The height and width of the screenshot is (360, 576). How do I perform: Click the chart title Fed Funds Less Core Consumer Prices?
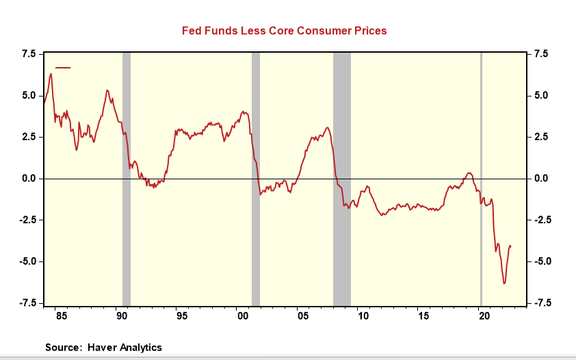coord(284,31)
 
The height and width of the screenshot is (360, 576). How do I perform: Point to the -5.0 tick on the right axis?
coord(541,261)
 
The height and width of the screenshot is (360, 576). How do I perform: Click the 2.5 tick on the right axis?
coord(541,137)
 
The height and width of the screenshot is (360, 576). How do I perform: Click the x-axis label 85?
coord(61,316)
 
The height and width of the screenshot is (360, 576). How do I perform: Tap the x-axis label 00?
coord(241,316)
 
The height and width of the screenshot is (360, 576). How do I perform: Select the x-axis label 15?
coord(423,316)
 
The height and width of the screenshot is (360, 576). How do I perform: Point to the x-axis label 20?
coord(483,316)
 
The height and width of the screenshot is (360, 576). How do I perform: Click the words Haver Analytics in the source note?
coord(125,348)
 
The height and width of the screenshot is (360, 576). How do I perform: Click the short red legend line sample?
coord(63,67)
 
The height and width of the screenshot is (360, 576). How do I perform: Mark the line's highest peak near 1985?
coord(51,73)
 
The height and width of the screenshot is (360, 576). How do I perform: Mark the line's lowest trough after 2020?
coord(504,283)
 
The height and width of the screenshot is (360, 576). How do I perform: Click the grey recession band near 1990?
coord(127,178)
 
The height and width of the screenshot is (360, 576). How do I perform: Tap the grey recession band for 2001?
coord(256,178)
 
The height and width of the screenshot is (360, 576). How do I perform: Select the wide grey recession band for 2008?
coord(342,178)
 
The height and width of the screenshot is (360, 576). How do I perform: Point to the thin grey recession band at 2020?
coord(481,178)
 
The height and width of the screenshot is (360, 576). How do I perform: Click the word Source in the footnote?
coord(62,348)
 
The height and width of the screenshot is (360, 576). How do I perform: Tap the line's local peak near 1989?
coord(107,90)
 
